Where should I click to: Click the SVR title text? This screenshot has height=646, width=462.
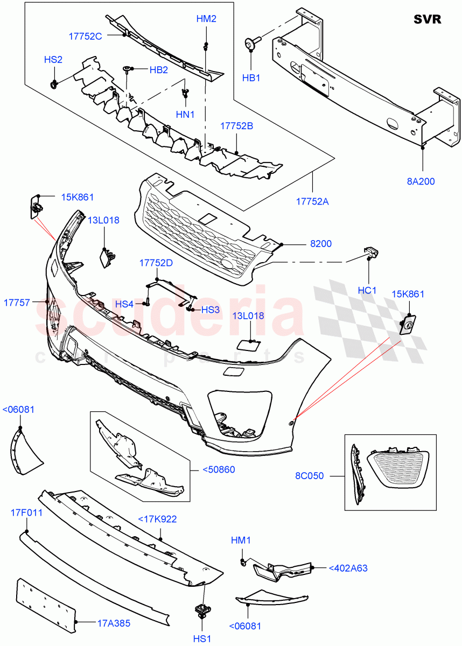(x=427, y=19)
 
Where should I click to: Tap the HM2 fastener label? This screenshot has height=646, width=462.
(x=206, y=19)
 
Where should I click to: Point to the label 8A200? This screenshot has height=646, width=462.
(x=421, y=181)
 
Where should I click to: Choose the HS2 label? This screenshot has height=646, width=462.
(x=53, y=60)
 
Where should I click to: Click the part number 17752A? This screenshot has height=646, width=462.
(x=312, y=202)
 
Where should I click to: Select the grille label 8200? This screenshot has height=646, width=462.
(x=320, y=244)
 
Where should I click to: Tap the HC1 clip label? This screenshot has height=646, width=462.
(x=367, y=290)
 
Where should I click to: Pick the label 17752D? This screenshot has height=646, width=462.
(x=156, y=263)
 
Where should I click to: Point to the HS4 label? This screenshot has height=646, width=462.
(x=124, y=304)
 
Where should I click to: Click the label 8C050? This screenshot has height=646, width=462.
(x=310, y=476)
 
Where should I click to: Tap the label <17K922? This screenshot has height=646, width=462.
(x=157, y=519)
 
